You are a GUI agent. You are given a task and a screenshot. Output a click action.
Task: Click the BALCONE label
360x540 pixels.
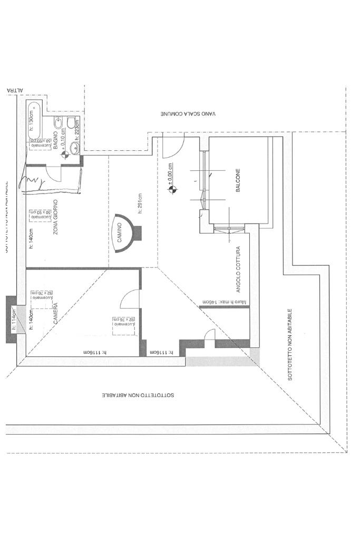click(238, 180)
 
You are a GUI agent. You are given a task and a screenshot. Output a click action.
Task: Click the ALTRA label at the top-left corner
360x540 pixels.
click(15, 91)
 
